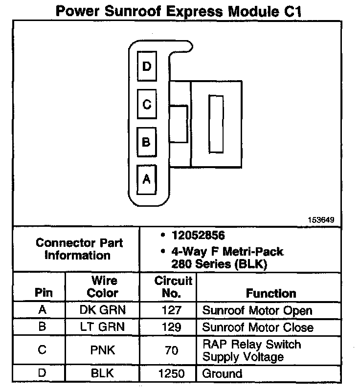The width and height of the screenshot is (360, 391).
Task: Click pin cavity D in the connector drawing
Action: [147, 65]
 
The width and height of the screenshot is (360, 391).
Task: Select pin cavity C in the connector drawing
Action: [147, 104]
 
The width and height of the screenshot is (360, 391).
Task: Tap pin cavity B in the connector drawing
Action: [147, 142]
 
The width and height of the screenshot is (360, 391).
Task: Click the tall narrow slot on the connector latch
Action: [215, 123]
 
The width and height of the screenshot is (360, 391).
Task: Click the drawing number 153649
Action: [321, 220]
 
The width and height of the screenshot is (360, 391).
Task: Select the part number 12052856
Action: [198, 236]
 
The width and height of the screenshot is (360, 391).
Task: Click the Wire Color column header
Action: [103, 287]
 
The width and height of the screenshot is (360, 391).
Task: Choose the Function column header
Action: [271, 294]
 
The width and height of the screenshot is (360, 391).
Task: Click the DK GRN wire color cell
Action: [103, 310]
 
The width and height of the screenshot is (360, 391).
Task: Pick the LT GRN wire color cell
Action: [103, 327]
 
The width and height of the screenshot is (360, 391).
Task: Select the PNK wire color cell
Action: [103, 350]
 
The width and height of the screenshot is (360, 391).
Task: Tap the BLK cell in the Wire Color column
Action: [103, 374]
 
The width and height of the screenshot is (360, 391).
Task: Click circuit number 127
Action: [171, 310]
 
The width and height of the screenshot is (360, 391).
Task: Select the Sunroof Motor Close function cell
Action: [258, 327]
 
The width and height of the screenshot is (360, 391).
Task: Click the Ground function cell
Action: [222, 374]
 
